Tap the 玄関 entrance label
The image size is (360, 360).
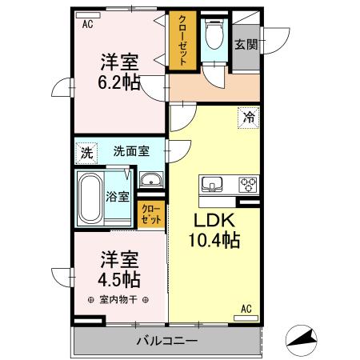click(x=246, y=46)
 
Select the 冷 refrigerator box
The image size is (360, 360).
click(x=249, y=117)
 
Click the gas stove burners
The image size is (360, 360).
click(x=248, y=185)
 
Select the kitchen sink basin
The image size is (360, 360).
click(x=213, y=185)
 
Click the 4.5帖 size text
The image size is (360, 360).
click(x=121, y=279)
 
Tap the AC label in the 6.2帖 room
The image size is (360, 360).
click(x=87, y=24)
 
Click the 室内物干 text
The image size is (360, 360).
click(x=118, y=301)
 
